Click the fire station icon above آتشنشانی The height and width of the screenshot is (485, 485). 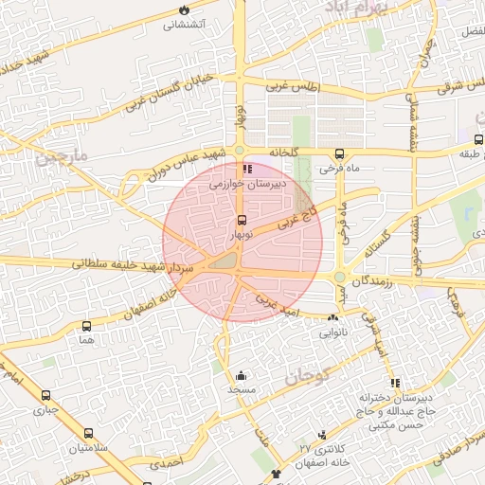(x=183, y=9)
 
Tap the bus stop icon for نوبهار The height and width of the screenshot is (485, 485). (x=241, y=220)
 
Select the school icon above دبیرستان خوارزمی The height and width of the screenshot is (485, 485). (x=248, y=170)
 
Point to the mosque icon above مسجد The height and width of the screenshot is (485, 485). (x=241, y=375)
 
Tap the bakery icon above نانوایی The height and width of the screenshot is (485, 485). (x=332, y=319)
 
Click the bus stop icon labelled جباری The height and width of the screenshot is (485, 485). (x=45, y=395)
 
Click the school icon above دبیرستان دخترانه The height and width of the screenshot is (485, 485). (x=396, y=384)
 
